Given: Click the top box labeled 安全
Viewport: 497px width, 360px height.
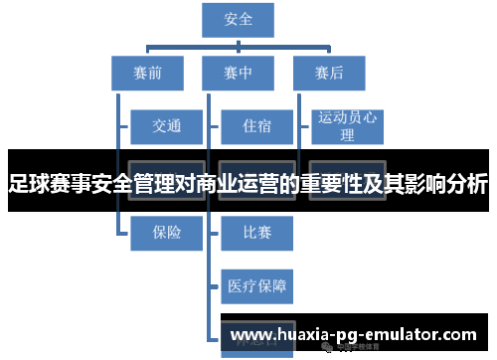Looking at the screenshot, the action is [239, 18].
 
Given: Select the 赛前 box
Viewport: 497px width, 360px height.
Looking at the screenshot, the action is [147, 73].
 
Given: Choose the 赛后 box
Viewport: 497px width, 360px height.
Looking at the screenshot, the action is [329, 73].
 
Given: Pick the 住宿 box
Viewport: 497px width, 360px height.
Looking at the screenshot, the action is [256, 126].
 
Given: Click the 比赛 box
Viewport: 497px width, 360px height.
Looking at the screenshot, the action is [256, 232].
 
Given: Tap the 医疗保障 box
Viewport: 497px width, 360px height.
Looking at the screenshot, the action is [256, 286].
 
